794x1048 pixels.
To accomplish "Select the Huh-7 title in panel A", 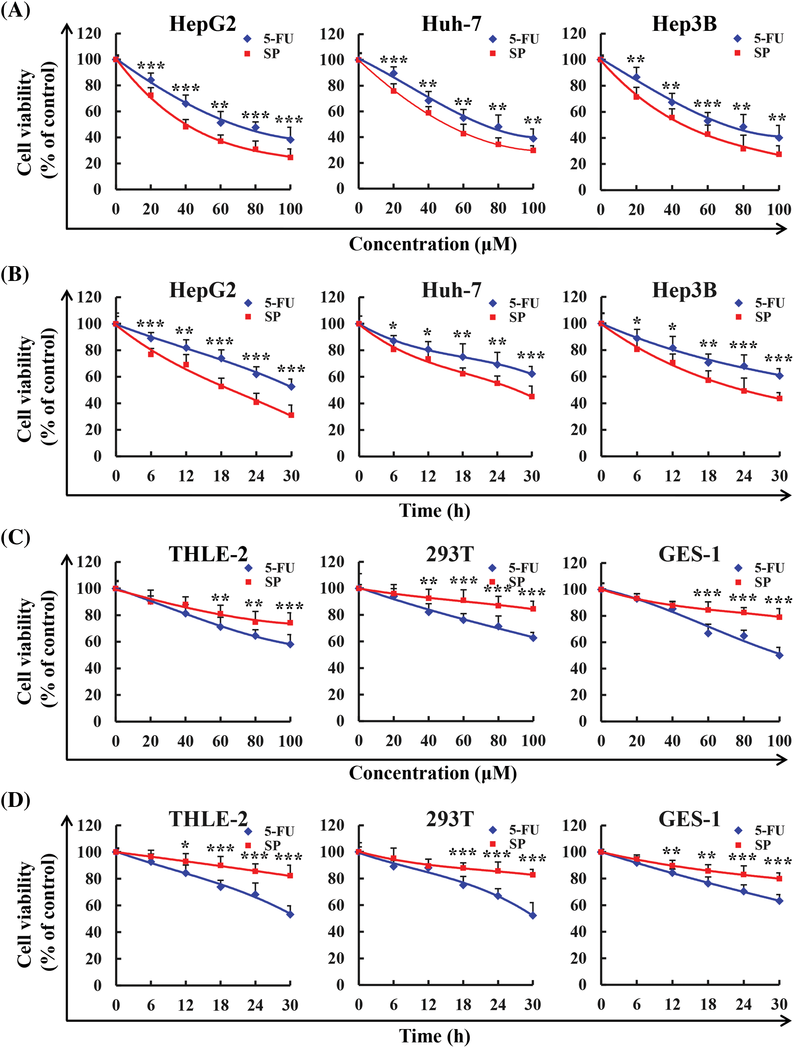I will click(451, 24).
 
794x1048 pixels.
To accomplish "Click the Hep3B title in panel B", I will click(684, 290).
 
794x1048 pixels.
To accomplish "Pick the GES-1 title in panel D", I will click(689, 819).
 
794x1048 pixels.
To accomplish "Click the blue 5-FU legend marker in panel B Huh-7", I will click(493, 303).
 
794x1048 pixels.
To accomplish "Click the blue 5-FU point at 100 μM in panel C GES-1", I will click(779, 655).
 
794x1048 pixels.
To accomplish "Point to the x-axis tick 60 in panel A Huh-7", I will click(463, 208).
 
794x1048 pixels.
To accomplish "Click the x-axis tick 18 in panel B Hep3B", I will click(708, 476).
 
